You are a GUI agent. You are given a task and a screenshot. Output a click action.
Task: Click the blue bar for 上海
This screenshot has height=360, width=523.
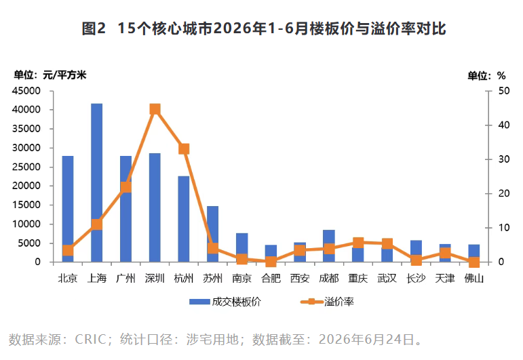(x=97, y=182)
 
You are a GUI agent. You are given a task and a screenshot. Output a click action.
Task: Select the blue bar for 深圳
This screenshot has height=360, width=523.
(x=155, y=207)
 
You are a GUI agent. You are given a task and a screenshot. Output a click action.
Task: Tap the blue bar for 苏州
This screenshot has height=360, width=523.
(x=213, y=234)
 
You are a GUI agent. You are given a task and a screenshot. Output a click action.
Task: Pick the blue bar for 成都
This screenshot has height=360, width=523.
(x=329, y=246)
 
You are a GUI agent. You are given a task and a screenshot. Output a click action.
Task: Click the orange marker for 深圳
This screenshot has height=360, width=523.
(x=155, y=109)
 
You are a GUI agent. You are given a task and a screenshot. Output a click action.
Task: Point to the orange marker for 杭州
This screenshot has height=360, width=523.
(x=184, y=148)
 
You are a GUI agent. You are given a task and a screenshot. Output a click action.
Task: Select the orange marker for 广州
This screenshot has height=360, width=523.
(x=125, y=187)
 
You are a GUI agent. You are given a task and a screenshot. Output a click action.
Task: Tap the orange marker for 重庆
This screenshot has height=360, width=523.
(x=358, y=243)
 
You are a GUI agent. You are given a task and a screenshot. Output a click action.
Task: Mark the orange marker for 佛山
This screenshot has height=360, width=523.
(x=474, y=262)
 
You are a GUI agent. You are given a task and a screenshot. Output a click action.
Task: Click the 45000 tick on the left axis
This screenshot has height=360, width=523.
(x=26, y=91)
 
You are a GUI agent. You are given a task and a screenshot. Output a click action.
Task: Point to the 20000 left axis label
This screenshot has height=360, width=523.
(x=26, y=186)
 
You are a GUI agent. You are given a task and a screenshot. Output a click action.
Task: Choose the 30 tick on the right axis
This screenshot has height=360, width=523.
(x=504, y=159)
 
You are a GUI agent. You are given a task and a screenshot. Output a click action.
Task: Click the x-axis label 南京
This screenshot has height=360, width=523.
(x=241, y=279)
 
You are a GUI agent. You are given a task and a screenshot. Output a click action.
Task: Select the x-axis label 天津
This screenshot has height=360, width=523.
(x=445, y=279)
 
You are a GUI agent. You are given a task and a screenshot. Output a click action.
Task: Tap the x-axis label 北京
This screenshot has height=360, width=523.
(x=68, y=279)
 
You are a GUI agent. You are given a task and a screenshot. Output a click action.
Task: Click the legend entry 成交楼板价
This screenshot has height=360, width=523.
(x=225, y=302)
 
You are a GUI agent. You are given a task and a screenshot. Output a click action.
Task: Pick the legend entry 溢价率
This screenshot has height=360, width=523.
(x=327, y=302)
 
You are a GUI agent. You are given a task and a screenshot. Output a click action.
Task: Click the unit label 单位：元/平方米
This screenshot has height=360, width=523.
(x=50, y=75)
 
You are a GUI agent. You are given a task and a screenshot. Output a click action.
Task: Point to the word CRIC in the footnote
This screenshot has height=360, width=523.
(x=90, y=340)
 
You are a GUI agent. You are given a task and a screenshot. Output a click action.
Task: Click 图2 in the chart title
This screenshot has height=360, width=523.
(x=94, y=28)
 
